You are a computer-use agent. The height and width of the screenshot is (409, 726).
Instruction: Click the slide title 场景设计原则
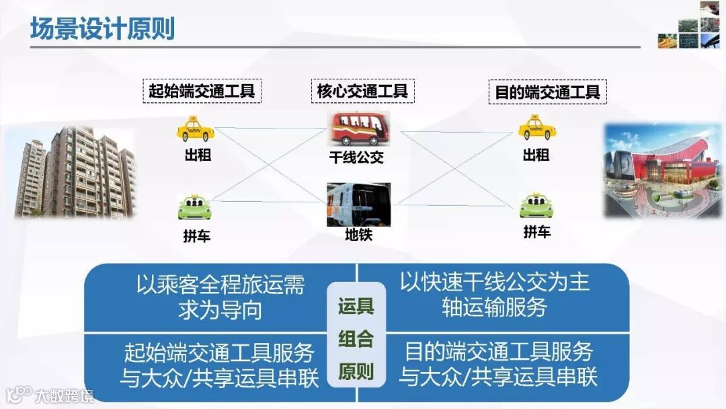tap(102, 29)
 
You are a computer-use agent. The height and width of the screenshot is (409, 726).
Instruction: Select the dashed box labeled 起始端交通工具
tap(202, 91)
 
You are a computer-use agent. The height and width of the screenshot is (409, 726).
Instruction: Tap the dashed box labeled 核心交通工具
tap(362, 91)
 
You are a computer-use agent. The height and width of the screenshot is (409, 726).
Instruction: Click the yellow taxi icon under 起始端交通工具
tap(196, 129)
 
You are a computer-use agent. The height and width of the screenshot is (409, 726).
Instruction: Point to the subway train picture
tap(358, 204)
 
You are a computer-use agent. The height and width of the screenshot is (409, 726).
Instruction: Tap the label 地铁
tap(358, 235)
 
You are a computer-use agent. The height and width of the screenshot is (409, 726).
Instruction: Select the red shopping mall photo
tap(663, 171)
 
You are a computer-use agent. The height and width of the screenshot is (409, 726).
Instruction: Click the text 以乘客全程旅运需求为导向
tap(220, 297)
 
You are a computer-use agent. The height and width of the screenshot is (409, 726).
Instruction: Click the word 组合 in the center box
tap(356, 338)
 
